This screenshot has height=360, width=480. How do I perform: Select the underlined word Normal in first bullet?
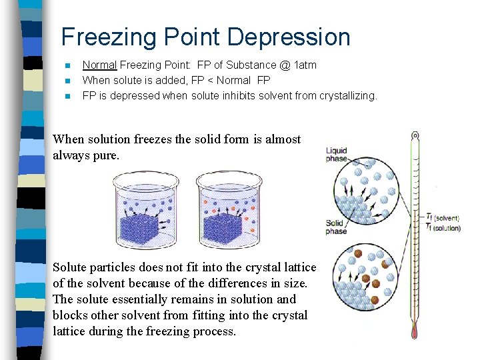click(x=99, y=65)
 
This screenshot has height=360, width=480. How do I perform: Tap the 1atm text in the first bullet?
click(x=305, y=65)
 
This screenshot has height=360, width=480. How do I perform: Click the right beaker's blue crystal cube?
click(x=222, y=227)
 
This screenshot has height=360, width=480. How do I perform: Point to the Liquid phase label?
click(x=336, y=155)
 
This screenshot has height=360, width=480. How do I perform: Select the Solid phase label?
click(x=335, y=227)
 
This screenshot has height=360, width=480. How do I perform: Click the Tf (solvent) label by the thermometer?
click(x=443, y=217)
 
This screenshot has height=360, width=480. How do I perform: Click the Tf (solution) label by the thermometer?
click(x=443, y=228)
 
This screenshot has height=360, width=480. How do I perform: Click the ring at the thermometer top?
click(x=415, y=135)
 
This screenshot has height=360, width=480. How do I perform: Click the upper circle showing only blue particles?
click(x=366, y=189)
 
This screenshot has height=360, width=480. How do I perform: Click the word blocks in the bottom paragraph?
click(x=69, y=315)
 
